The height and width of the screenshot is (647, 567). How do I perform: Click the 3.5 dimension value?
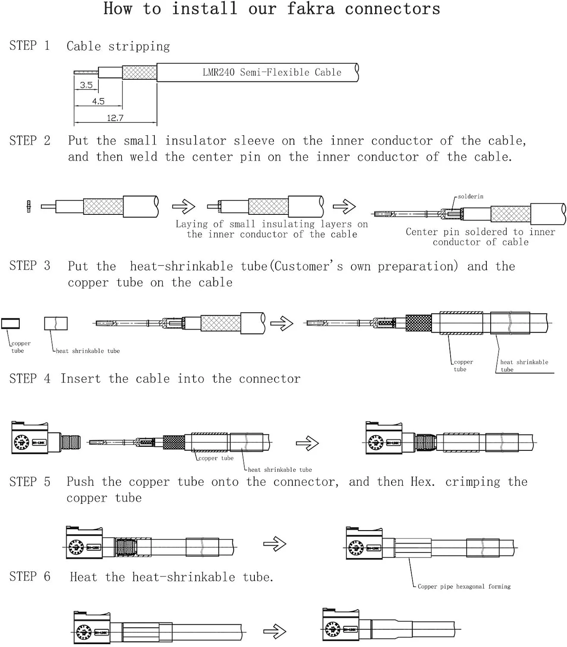tap(86, 85)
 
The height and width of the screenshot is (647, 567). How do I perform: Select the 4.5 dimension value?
tap(98, 101)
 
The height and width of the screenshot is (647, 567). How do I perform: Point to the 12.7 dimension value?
tap(115, 118)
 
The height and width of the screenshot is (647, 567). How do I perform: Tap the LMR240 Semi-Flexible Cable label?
tap(272, 72)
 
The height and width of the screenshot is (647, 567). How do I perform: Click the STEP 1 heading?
tap(29, 46)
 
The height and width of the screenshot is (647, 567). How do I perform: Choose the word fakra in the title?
tap(310, 9)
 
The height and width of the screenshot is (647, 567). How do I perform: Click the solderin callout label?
tap(470, 197)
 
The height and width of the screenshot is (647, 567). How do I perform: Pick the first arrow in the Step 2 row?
tap(184, 207)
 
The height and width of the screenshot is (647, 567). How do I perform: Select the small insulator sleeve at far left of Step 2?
tap(28, 207)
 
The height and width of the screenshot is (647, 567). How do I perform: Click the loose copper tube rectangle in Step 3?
tap(10, 323)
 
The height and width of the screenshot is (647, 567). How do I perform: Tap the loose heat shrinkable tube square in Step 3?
tap(56, 323)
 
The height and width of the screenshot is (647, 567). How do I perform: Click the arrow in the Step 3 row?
tap(282, 323)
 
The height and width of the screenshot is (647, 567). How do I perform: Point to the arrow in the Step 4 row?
tap(307, 443)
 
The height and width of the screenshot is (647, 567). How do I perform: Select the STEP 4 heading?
tap(29, 379)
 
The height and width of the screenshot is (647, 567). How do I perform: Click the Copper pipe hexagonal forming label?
tap(464, 587)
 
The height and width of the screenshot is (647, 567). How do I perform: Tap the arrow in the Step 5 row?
tap(275, 544)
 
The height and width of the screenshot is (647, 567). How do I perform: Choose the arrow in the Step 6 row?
tap(275, 632)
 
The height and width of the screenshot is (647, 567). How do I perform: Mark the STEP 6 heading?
tap(29, 577)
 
